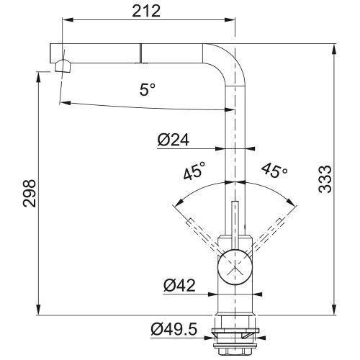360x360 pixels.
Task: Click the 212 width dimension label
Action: [146, 11]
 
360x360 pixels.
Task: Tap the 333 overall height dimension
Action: [325, 179]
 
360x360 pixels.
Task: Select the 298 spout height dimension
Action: [30, 193]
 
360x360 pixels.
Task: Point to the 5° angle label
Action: [148, 89]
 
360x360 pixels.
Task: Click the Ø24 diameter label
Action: [174, 140]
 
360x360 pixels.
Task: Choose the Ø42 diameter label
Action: [179, 285]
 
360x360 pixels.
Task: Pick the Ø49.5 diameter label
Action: [174, 329]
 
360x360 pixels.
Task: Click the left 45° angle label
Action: [194, 171]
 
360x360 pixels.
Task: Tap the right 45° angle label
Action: [274, 170]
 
